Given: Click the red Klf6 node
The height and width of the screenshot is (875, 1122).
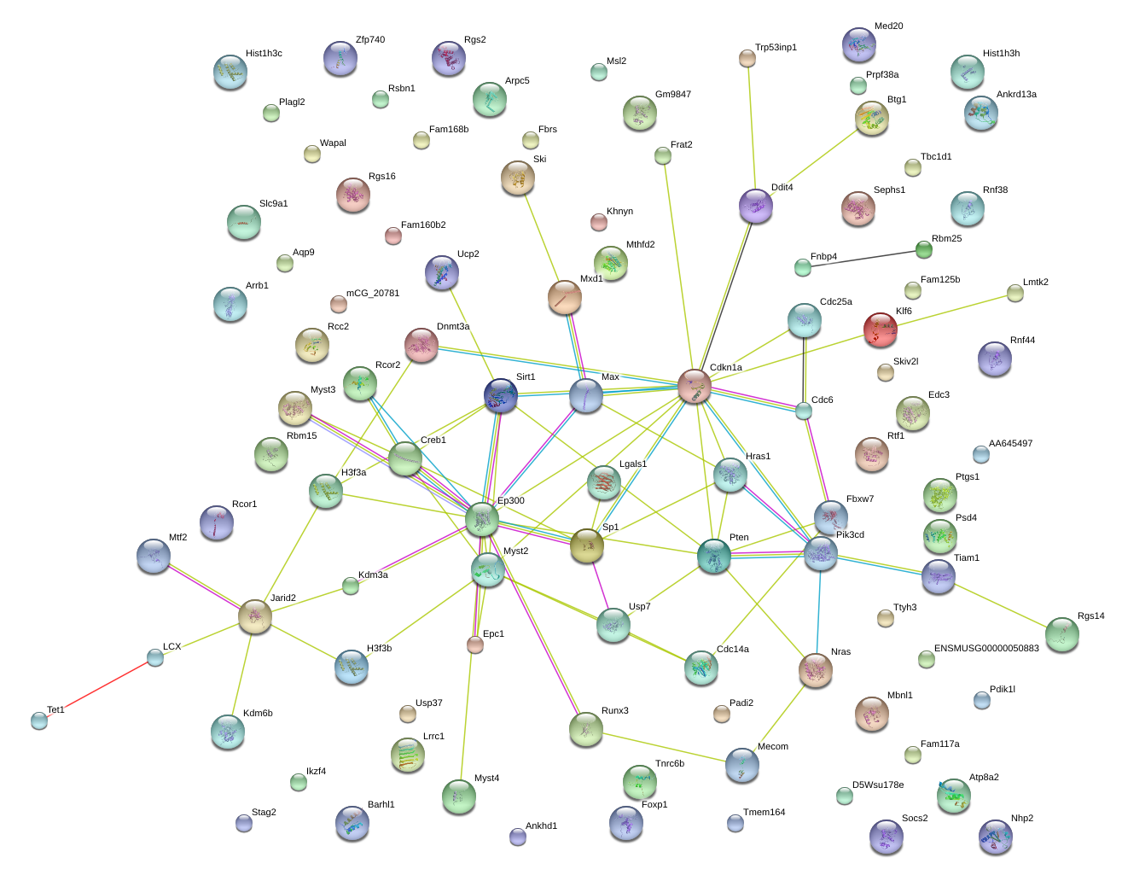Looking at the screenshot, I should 880,329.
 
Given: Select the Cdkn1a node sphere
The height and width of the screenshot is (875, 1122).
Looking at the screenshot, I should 694,386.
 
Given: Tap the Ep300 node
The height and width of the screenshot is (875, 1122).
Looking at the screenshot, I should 482,519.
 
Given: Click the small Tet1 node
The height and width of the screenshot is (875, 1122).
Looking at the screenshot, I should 39,720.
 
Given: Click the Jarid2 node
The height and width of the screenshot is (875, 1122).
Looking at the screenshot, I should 254,615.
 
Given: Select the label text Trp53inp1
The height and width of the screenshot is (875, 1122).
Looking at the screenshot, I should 776,48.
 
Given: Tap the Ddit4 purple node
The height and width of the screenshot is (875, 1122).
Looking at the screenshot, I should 755,205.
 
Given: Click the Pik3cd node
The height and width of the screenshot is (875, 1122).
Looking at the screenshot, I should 820,553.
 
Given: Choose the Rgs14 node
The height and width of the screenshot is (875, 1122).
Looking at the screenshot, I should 1061,634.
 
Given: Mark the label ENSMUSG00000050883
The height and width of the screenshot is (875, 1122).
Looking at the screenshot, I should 986,649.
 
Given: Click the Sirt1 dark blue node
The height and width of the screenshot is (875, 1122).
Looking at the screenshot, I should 500,395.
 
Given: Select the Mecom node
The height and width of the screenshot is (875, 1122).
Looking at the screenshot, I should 741,765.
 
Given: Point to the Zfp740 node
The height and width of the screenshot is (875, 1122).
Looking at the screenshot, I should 340,58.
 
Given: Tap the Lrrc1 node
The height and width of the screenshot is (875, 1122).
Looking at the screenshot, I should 407,755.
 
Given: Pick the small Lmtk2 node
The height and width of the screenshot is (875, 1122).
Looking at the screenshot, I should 1014,293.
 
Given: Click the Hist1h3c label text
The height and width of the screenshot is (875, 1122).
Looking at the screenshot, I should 264,54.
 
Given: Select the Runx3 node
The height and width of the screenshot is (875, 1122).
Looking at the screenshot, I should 585,728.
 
